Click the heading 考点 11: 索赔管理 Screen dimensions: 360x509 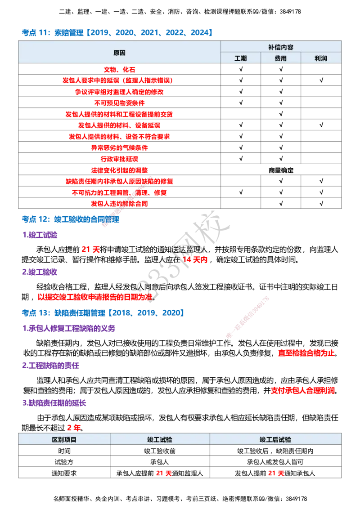coord(53,32)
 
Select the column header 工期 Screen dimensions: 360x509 coord(241,58)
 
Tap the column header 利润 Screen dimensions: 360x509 coord(321,58)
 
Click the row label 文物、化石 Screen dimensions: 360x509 coord(119,69)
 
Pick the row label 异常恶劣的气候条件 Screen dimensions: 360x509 coord(119,147)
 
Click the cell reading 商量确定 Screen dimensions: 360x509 coord(281,170)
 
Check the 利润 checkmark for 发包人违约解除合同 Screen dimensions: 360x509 coord(321,204)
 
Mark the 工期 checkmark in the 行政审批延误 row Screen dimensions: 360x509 coord(241,159)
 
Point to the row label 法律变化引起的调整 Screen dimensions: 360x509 coord(119,170)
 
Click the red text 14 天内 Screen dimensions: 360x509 coord(195,260)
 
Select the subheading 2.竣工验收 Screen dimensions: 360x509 coord(40,272)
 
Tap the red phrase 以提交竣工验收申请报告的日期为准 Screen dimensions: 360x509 coord(95,297)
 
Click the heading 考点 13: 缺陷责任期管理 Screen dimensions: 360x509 coord(63,313)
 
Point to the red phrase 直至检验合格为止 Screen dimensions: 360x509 coord(306,353)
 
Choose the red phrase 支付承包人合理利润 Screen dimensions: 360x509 coord(303,390)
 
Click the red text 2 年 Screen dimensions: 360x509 coord(74,428)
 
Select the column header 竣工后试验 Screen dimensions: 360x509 coord(275,440)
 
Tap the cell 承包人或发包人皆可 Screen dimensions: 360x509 coord(275,462)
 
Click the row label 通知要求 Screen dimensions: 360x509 coord(64,473)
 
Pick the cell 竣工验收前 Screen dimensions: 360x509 coord(160,451)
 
